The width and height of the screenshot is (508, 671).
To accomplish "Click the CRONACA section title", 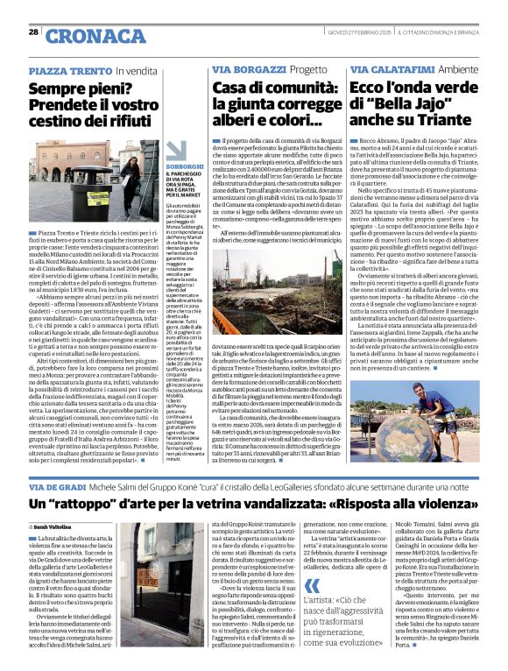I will tap(95, 35).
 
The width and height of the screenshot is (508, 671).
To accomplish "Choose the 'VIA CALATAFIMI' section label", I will tap(384, 69).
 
